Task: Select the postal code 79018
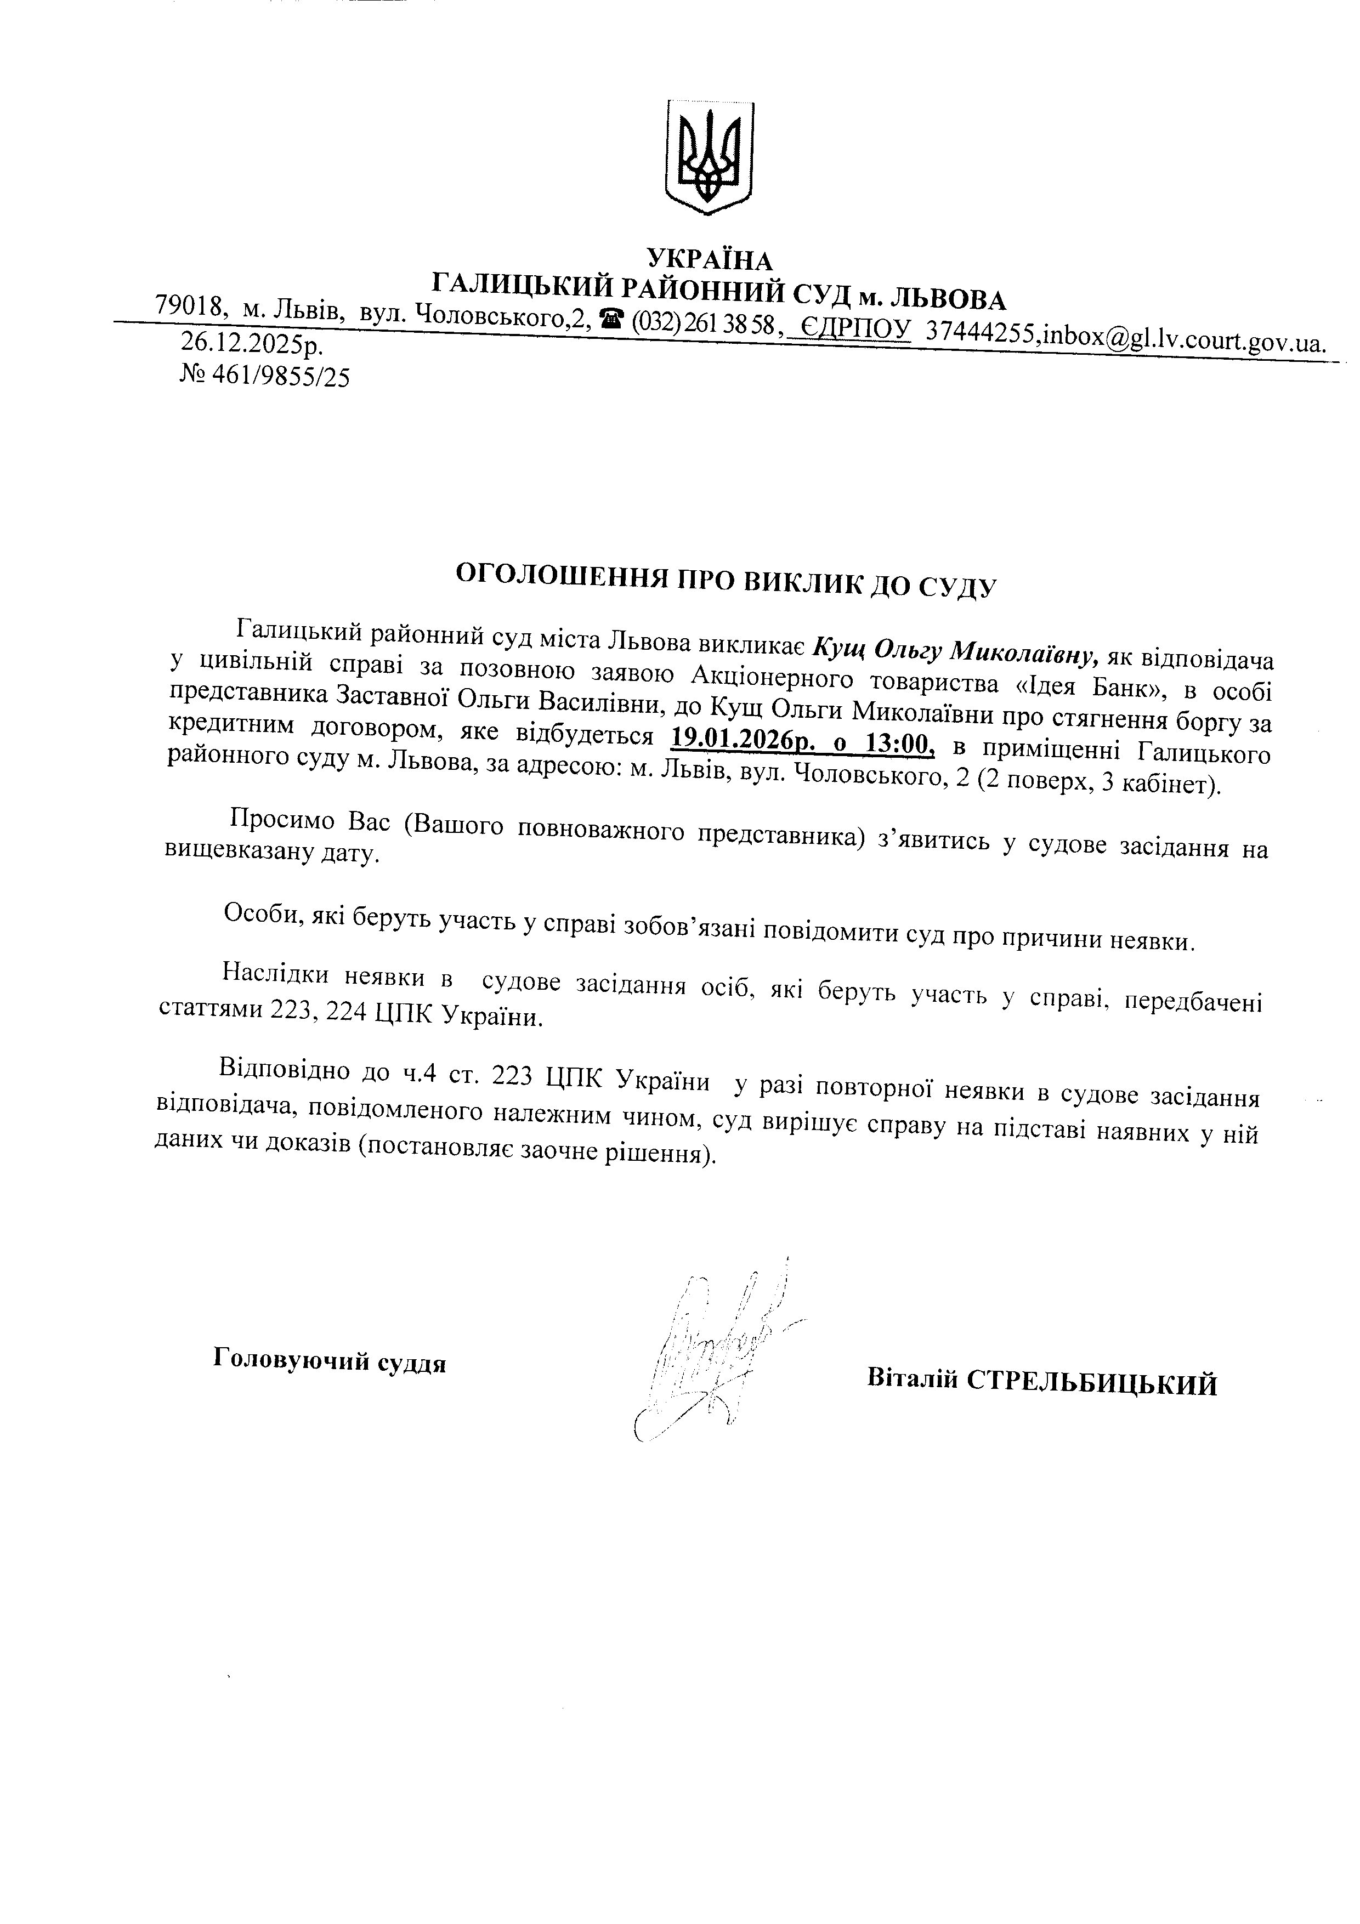tap(191, 308)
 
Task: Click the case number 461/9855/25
tap(281, 378)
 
